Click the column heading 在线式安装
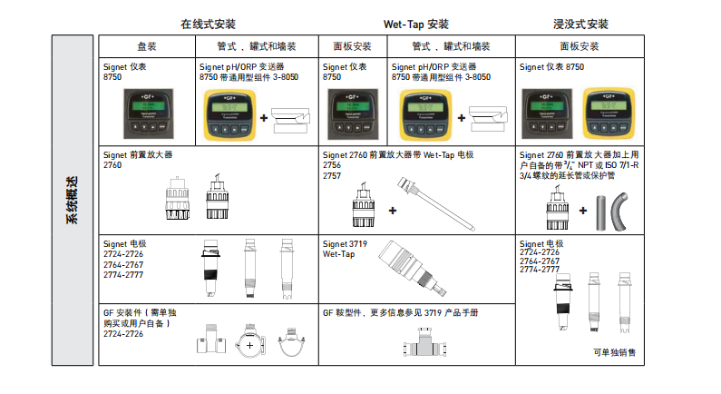(x=209, y=25)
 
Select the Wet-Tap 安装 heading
(x=416, y=25)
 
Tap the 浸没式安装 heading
(x=580, y=25)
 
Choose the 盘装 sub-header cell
(x=147, y=46)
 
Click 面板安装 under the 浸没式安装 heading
(x=580, y=46)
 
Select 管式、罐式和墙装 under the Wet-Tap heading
(x=451, y=46)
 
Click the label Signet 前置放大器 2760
(x=137, y=161)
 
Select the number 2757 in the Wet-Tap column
(x=332, y=173)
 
